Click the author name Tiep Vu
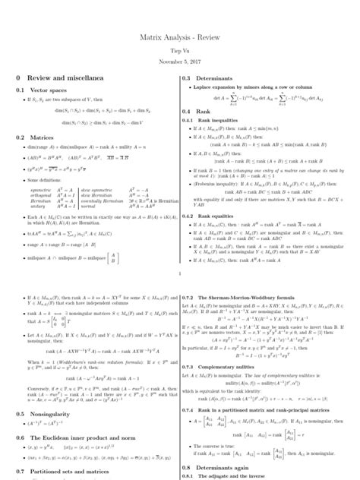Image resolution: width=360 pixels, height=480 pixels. [179, 49]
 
